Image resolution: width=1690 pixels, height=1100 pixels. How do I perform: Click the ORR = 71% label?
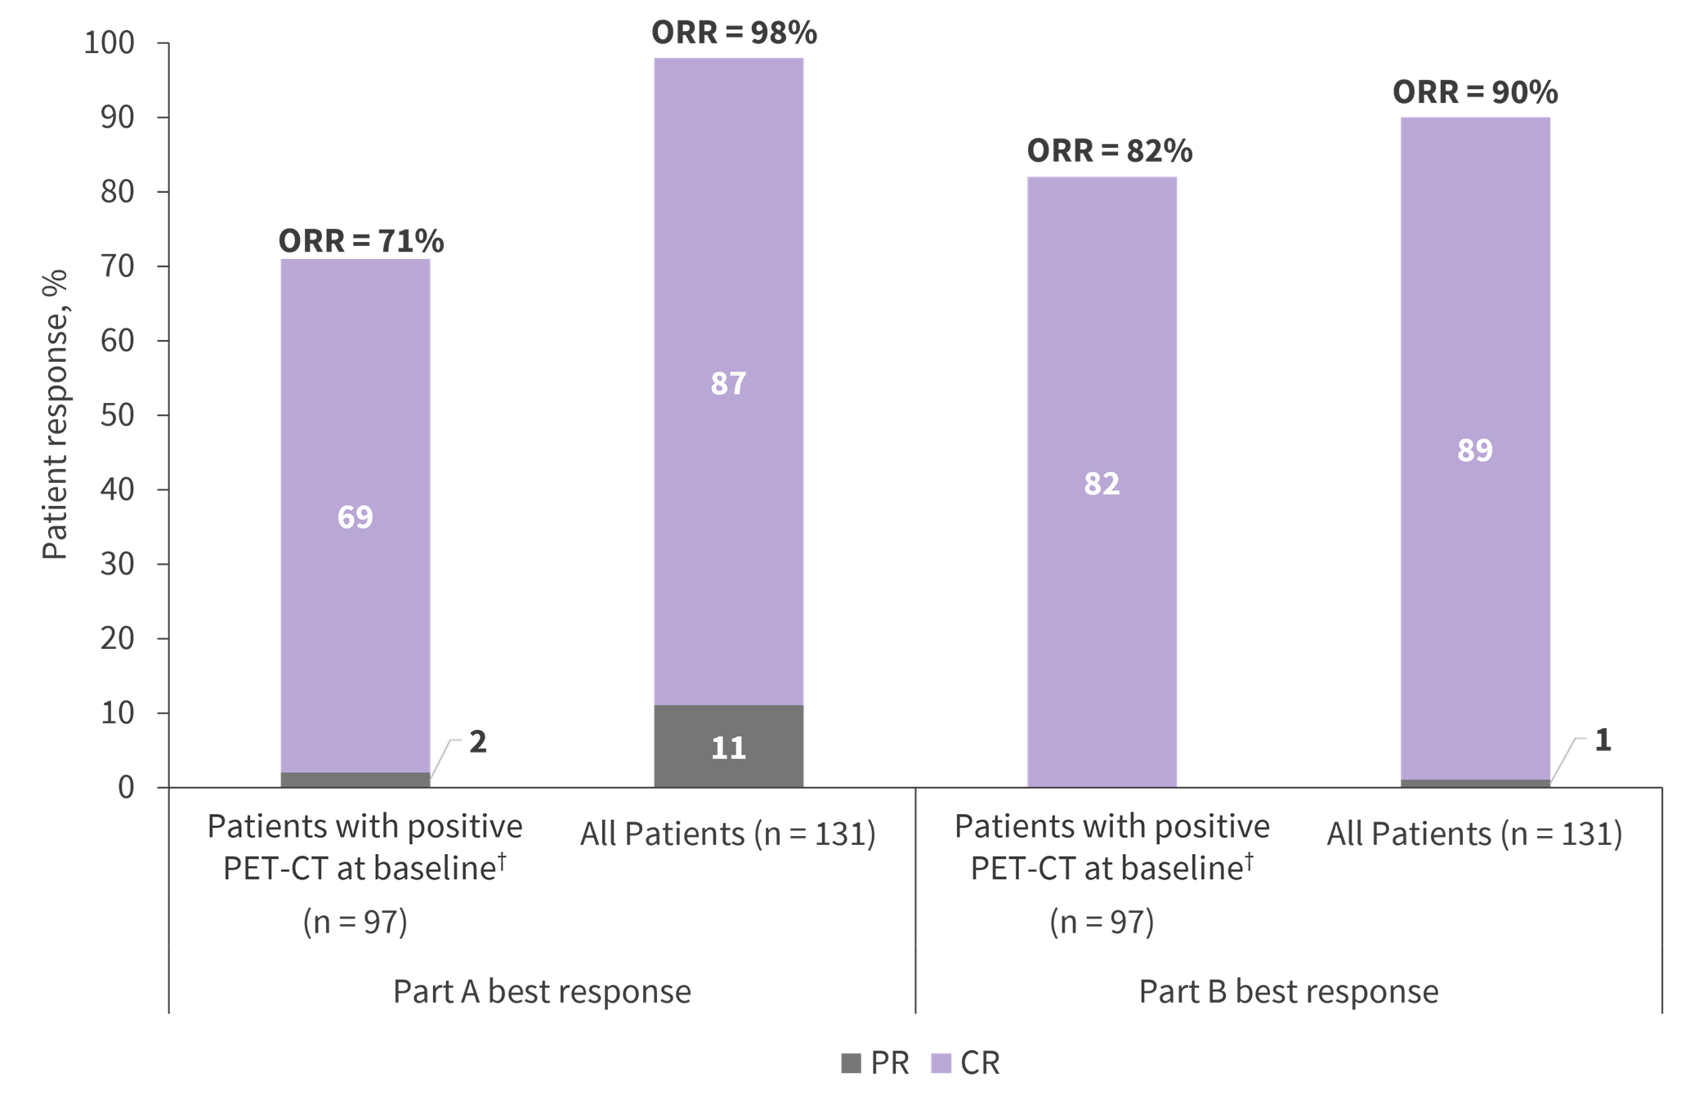(x=361, y=241)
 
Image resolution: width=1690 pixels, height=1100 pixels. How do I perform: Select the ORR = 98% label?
(x=734, y=33)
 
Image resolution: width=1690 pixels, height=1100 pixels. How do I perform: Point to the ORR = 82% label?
(x=1109, y=151)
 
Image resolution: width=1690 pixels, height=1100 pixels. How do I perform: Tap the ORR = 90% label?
(x=1475, y=92)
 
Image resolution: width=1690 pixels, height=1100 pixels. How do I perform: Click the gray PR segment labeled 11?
(x=728, y=747)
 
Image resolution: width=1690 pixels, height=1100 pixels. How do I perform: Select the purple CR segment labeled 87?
(x=728, y=382)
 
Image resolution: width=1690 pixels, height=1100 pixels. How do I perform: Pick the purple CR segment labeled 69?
(x=355, y=516)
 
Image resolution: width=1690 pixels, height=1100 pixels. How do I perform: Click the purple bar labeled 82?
(x=1102, y=483)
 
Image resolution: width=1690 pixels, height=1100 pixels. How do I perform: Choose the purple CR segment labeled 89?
(x=1475, y=449)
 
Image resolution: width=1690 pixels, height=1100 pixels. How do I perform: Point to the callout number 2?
(x=477, y=741)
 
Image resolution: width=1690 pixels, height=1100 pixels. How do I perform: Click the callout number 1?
(x=1603, y=740)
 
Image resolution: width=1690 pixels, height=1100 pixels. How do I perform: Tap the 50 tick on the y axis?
(x=118, y=415)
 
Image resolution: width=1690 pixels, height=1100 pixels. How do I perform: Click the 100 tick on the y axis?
(x=110, y=42)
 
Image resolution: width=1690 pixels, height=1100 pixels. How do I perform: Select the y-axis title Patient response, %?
(x=56, y=415)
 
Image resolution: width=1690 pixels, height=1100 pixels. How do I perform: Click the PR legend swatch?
(x=851, y=1063)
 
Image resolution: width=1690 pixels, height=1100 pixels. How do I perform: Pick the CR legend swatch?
(x=941, y=1063)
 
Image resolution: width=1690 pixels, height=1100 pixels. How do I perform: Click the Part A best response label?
(x=542, y=990)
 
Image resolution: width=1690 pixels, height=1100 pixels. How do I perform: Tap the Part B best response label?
(x=1288, y=990)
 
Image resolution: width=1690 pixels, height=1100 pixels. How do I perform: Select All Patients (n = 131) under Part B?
(x=1474, y=834)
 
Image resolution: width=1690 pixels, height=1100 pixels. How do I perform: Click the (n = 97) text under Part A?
(x=355, y=922)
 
